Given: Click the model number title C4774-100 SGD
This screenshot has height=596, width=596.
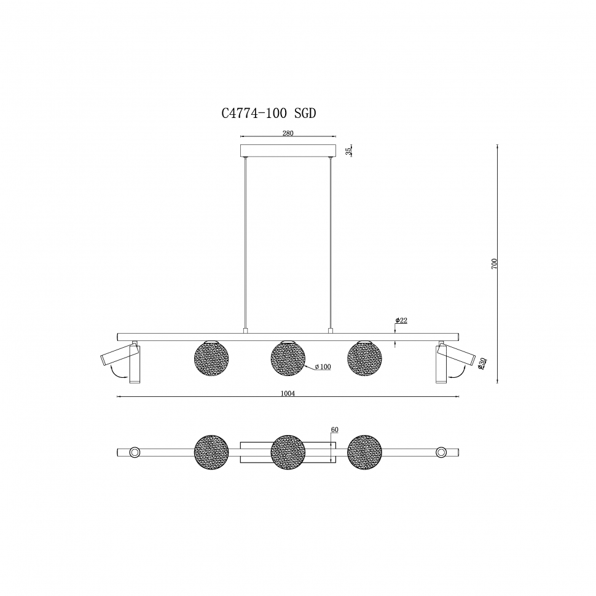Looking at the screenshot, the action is pos(269,113).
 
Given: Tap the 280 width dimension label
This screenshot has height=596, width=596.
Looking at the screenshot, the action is pos(288,133).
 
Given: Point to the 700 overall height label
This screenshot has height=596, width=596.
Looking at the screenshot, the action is pos(494,264).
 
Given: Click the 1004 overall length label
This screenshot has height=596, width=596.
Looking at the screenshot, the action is pos(288,394).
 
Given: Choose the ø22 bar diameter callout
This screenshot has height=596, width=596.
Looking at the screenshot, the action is pos(401,320).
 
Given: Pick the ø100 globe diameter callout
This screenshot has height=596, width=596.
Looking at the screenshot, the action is pos(323,367).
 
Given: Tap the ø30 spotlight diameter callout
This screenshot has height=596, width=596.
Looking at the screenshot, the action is pos(481,364).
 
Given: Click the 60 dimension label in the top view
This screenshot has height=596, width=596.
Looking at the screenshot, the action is pos(334,430).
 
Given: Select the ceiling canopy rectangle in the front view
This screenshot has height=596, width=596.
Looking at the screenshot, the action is pos(288,151).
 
